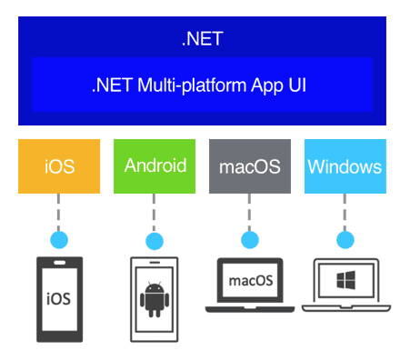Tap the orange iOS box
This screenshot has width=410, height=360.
pyautogui.click(x=59, y=166)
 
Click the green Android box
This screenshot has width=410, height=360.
pyautogui.click(x=155, y=166)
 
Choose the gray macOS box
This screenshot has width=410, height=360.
pyautogui.click(x=251, y=166)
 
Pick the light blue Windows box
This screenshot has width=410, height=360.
pyautogui.click(x=345, y=166)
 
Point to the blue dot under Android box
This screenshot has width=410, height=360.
pyautogui.click(x=155, y=241)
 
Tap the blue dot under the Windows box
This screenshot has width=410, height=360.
pyautogui.click(x=345, y=241)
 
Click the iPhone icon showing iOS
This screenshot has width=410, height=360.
pyautogui.click(x=59, y=300)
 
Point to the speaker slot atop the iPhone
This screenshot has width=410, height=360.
pyautogui.click(x=59, y=265)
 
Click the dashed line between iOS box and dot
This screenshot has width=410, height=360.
pyautogui.click(x=59, y=213)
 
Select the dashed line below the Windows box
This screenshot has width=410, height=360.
pyautogui.click(x=345, y=213)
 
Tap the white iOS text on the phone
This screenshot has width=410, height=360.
pyautogui.click(x=59, y=298)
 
